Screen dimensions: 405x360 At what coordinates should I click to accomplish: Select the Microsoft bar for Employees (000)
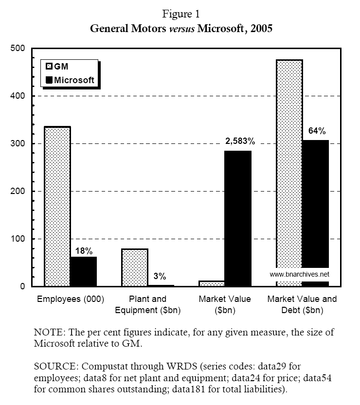84,271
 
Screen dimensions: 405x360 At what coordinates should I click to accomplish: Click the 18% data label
83,251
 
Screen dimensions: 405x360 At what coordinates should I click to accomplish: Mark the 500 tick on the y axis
18,49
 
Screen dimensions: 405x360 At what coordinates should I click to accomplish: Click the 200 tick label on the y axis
18,191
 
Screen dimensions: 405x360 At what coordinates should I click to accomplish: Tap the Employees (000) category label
71,299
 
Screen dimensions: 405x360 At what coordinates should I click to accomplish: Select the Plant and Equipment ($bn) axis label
148,304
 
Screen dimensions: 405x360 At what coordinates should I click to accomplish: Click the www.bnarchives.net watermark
299,274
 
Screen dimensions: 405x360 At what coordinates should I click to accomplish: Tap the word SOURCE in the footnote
52,364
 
